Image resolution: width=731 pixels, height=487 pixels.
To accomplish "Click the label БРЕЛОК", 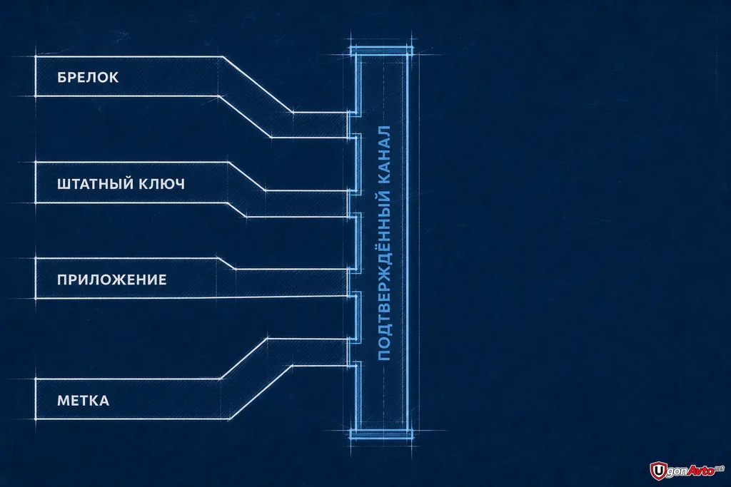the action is pos(88,77).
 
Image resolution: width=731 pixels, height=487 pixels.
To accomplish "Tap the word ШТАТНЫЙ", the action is pos(95,184).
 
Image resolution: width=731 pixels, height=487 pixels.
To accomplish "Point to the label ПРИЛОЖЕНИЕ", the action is pos(112,280).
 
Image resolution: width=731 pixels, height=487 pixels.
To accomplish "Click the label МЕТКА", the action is pos(83,401).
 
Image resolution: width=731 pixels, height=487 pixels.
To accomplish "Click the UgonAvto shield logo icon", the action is pos(657,471).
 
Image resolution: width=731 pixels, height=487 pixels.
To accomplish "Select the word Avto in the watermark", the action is pos(701,470).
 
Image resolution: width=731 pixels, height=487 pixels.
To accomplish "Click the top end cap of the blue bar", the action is pos(381,51).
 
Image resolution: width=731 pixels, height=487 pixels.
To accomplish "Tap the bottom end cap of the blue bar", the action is pos(381,435).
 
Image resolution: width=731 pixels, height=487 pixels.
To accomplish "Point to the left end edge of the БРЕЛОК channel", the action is pos(36,76).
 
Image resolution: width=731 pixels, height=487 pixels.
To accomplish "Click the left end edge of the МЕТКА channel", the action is pos(36,399).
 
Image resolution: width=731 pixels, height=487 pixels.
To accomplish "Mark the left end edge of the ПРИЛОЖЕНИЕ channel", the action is pos(36,278).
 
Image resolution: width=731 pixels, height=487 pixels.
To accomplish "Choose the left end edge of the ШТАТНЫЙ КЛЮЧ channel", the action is pos(36,183).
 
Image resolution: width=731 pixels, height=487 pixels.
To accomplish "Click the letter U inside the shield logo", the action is pos(657,471).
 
